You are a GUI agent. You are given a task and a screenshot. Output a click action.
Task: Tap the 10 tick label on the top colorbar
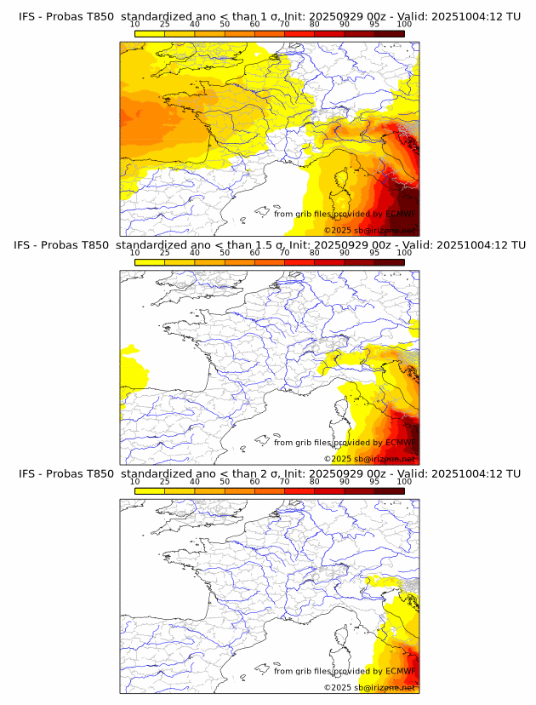click(135, 24)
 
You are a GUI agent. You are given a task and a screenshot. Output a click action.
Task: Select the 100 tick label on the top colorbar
click(404, 24)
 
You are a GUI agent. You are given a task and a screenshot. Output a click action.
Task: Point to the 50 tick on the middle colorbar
click(225, 253)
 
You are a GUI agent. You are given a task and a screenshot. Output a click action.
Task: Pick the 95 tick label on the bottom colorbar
click(373, 482)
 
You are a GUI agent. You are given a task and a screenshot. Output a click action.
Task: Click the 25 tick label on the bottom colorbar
click(165, 482)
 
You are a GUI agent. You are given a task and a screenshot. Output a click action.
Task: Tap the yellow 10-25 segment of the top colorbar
click(150, 33)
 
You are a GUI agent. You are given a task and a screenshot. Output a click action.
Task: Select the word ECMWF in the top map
click(401, 214)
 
